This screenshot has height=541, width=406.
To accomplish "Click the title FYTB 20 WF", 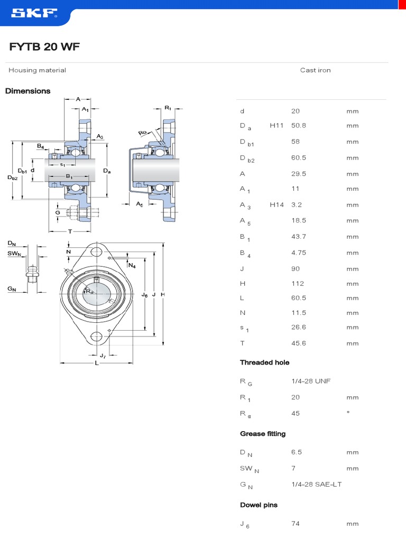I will click(44, 48).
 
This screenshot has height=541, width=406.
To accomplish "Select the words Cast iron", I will click(315, 70).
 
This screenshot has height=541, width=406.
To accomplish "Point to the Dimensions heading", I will click(28, 91).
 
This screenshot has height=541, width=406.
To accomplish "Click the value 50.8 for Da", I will click(299, 126).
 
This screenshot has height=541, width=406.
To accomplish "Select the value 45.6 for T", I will click(299, 343).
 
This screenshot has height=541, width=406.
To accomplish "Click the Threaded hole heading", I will click(264, 362).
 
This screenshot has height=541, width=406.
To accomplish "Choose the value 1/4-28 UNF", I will click(311, 381).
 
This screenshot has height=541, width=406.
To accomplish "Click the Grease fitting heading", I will click(263, 434).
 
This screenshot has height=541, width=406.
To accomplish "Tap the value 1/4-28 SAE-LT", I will click(316, 484).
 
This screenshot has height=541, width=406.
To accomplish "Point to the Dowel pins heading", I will click(259, 505).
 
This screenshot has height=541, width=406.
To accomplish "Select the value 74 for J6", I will click(296, 524).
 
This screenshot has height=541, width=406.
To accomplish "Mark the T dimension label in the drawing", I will click(70, 232).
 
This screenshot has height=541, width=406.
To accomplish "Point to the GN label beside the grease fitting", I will click(12, 289).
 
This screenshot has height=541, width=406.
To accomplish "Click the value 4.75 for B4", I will click(299, 253).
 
